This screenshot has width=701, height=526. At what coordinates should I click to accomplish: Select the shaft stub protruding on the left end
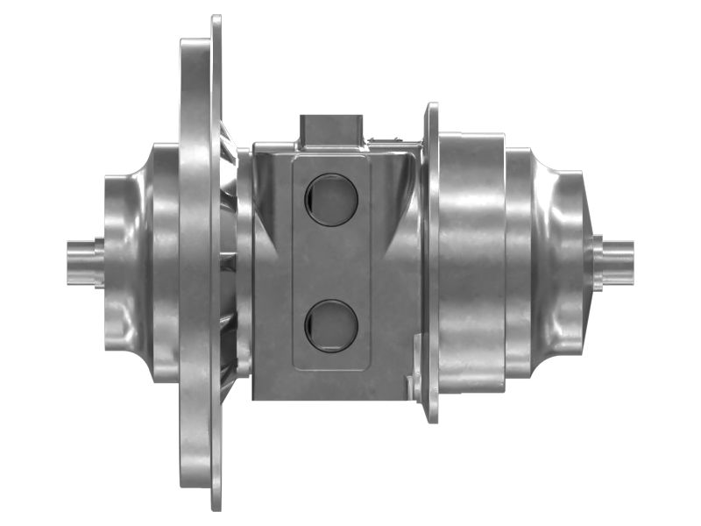tap(81, 260)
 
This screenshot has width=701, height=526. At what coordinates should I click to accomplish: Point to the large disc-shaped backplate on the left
tap(200, 263)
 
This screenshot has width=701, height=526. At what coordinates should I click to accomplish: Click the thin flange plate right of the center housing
tap(431, 263)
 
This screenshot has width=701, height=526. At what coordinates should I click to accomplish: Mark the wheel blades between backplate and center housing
tap(230, 263)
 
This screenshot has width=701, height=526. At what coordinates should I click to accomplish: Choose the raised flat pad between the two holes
tap(331, 261)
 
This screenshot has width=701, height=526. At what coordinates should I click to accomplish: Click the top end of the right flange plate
tap(432, 108)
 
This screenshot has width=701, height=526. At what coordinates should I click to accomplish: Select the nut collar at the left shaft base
tap(100, 261)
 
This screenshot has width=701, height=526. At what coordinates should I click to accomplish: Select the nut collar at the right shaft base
tap(598, 261)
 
